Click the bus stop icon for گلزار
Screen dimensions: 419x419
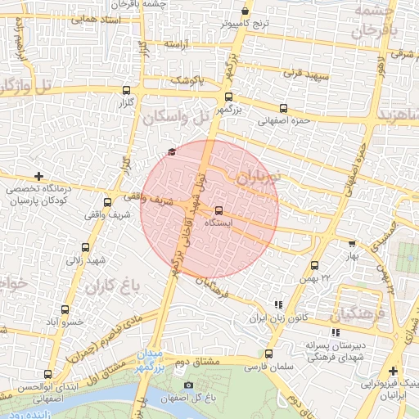click(126, 91)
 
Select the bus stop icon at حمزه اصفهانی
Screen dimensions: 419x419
click(283, 108)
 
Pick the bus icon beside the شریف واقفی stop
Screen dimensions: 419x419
click(107, 202)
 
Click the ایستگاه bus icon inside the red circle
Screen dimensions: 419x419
click(218, 210)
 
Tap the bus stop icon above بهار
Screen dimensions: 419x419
click(352, 243)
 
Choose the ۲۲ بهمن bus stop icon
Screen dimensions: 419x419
click(314, 265)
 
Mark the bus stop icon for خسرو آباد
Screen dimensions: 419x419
click(65, 309)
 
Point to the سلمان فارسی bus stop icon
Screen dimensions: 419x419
click(268, 354)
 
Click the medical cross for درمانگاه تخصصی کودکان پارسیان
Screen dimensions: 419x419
click(38, 176)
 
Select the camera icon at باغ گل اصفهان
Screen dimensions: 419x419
click(189, 385)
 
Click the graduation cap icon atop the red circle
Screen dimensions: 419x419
click(171, 151)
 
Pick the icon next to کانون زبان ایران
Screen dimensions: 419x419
click(278, 304)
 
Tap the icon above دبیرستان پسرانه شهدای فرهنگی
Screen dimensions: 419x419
click(336, 331)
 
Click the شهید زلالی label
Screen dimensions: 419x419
click(87, 260)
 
